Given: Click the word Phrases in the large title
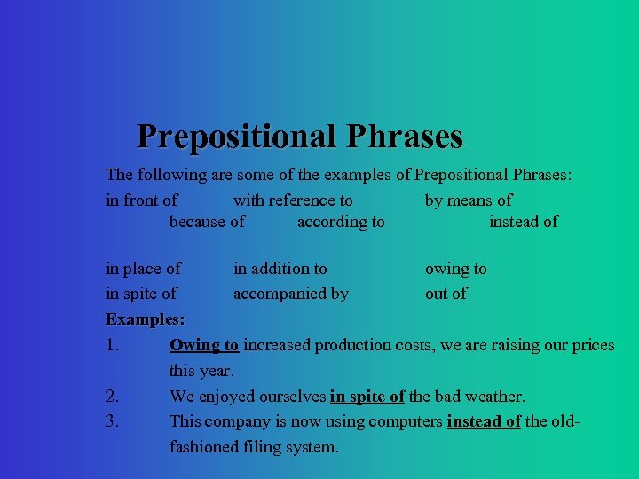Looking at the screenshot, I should pos(405,137).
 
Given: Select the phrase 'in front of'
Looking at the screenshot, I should pos(141,200).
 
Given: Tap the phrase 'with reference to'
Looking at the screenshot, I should pos(293,200).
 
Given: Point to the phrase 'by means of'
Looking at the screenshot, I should pos(468,200).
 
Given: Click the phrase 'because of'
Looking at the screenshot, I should pos(207,222).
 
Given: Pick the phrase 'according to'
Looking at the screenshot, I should pos(341,222).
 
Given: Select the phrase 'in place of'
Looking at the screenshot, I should pos(143,268).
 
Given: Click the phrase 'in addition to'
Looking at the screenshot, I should pos(280,268).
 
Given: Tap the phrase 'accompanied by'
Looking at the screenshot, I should pos(290,294).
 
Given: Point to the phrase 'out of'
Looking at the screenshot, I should pos(446,294).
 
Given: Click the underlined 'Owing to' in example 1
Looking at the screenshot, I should pos(203,345).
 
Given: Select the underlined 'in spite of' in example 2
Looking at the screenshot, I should pos(367,397).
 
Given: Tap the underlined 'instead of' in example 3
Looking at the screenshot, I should pos(484,421).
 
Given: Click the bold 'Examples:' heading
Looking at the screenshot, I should pos(145,319).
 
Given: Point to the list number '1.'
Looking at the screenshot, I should pos(113,345).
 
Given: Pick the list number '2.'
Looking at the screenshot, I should pos(113,397).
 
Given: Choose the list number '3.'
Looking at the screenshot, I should pos(113,421).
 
